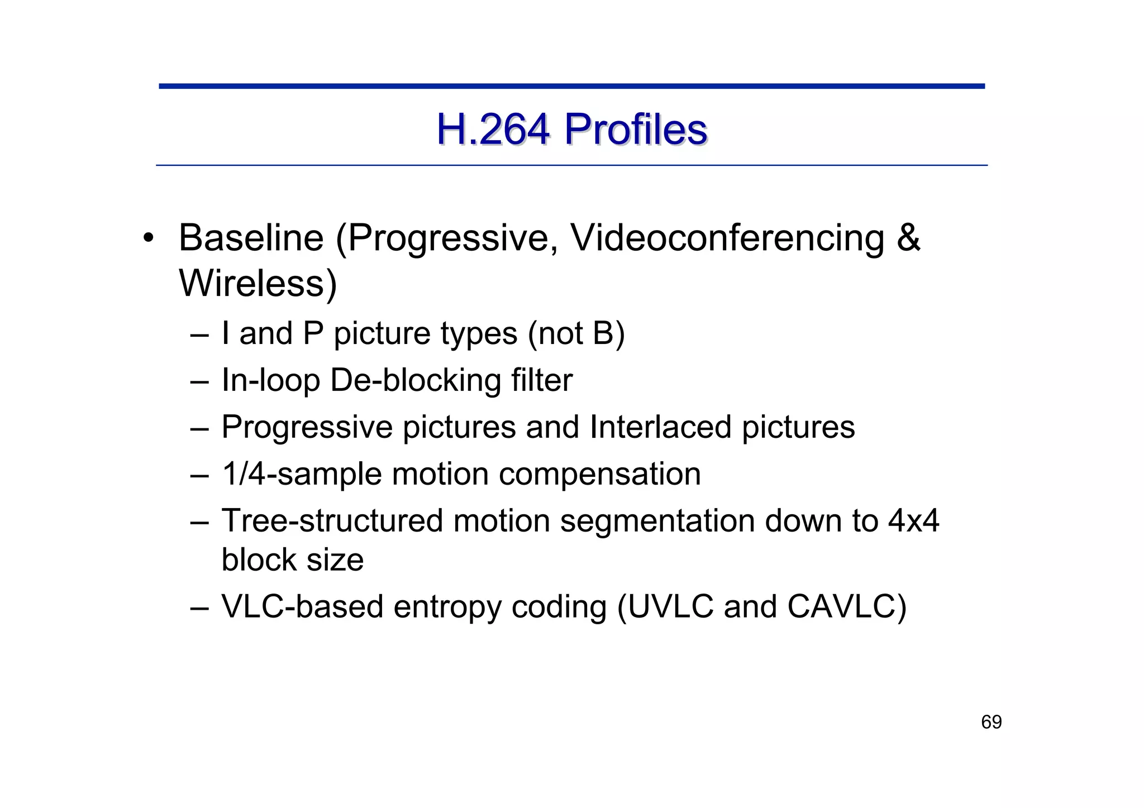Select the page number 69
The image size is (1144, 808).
[x=992, y=722]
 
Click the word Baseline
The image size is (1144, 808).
[x=251, y=238]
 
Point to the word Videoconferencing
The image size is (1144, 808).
[x=727, y=238]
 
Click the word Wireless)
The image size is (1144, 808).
[x=258, y=284]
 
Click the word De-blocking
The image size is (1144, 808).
[x=415, y=380]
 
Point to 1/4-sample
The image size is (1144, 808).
[x=301, y=474]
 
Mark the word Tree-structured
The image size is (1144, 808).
[x=332, y=521]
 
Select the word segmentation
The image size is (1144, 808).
[x=657, y=521]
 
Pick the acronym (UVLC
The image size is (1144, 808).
[x=665, y=606]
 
